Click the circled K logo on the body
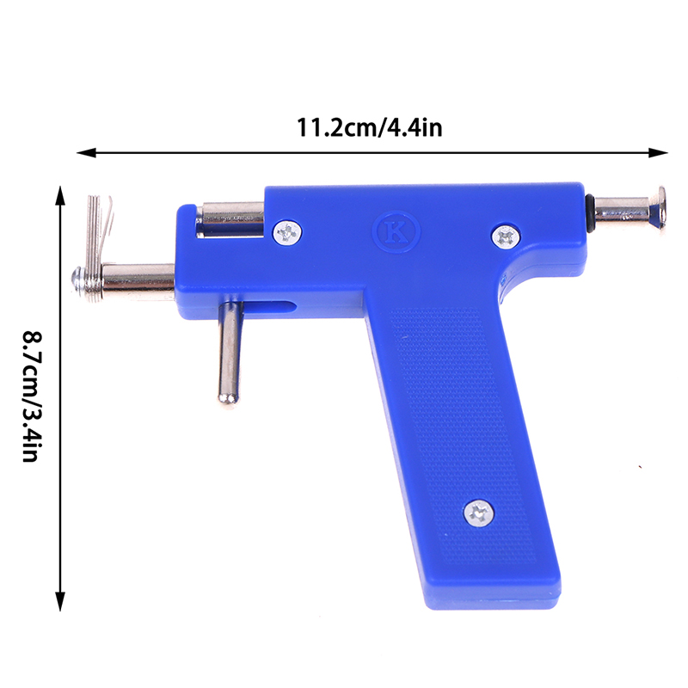[x=396, y=232]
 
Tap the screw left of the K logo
[x=287, y=232]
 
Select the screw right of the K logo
[x=506, y=238]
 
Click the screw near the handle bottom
[x=479, y=513]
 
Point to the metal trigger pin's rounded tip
[x=228, y=398]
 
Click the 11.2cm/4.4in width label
[x=370, y=127]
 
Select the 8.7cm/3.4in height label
[x=33, y=396]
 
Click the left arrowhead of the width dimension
[x=86, y=153]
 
